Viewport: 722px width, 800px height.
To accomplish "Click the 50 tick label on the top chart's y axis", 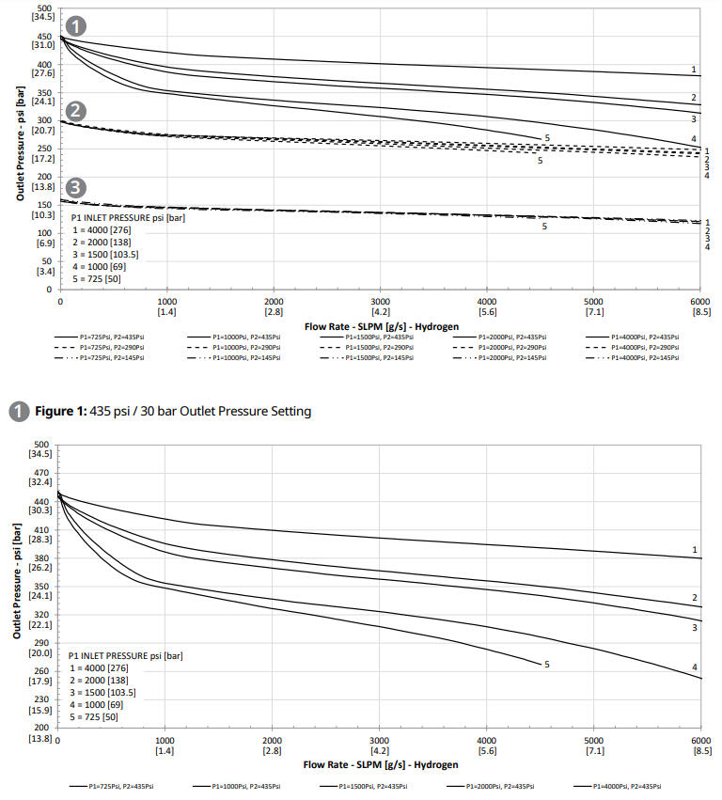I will click(44, 261).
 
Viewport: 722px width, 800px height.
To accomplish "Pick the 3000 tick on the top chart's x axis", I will click(380, 299).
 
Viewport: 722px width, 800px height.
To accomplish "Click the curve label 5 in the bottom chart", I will click(545, 665).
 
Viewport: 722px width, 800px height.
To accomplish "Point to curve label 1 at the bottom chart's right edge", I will click(695, 550).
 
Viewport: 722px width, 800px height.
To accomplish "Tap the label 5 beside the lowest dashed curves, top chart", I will click(543, 227).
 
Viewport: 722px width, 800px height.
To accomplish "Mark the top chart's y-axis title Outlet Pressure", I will click(20, 146).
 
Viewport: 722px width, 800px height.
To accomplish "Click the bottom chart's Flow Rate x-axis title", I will click(381, 765).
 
